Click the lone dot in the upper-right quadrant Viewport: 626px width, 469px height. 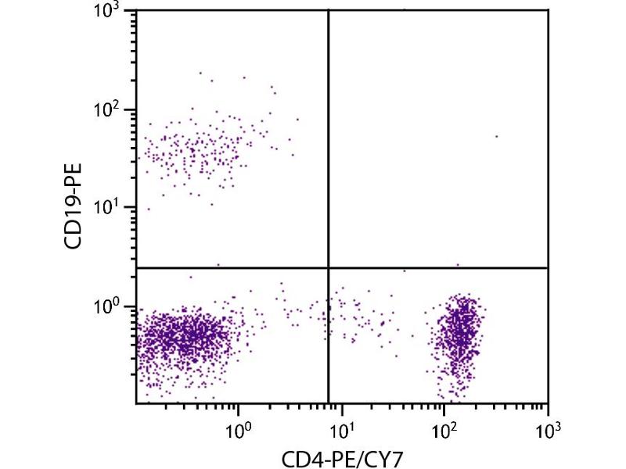click(496, 136)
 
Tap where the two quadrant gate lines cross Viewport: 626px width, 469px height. click(327, 268)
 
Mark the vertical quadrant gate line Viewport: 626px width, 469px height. click(327, 141)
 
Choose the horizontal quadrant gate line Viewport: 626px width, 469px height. click(438, 268)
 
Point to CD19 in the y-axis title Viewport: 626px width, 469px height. click(77, 224)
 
